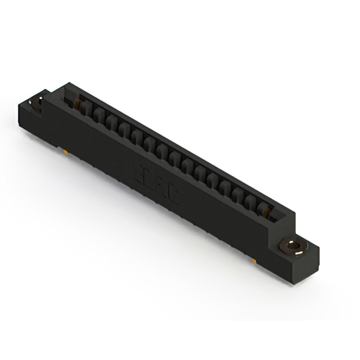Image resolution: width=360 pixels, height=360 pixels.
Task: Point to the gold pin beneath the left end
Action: point(67,152)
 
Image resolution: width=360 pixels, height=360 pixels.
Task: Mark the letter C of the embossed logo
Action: point(172,195)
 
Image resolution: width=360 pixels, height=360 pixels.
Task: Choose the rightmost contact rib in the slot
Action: point(260,209)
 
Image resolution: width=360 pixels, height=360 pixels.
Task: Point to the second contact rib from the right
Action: point(248,201)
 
